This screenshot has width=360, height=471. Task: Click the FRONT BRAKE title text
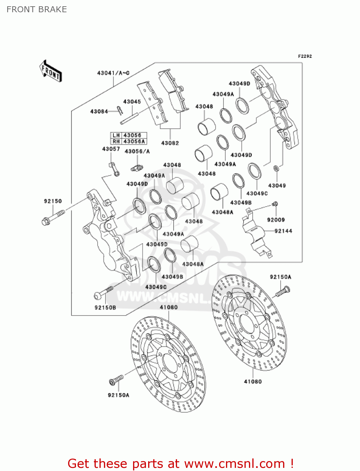click(37, 9)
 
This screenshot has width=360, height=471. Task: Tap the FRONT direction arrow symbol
click(51, 71)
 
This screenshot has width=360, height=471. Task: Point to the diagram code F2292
click(305, 56)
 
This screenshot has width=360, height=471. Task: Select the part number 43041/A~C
click(113, 73)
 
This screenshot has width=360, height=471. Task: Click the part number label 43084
click(99, 111)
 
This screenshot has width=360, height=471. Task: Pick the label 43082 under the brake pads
click(170, 143)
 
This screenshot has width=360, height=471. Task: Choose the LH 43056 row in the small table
click(129, 135)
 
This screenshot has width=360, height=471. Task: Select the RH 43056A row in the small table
click(129, 142)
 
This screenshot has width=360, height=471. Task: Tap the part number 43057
click(111, 149)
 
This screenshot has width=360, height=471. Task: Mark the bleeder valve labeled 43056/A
click(136, 168)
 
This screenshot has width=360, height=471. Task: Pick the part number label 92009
click(276, 220)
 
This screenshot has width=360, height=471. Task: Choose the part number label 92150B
click(105, 308)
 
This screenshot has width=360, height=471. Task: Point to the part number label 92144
click(283, 231)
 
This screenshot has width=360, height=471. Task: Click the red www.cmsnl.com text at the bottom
click(234, 464)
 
